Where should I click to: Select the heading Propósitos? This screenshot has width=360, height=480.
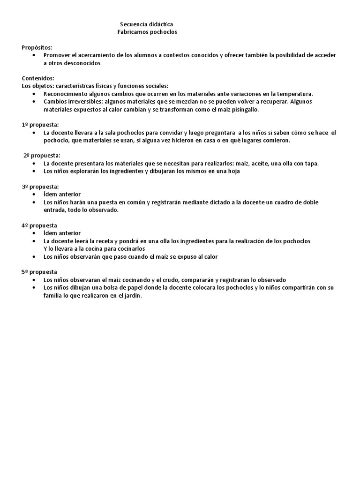37,47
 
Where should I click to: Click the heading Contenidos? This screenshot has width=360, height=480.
38,78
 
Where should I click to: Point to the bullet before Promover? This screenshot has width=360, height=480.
36,55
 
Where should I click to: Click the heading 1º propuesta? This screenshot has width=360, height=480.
40,125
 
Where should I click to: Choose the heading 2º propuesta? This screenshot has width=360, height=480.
42,156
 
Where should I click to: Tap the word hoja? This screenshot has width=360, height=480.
233,171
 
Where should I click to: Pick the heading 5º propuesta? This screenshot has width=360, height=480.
39,272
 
